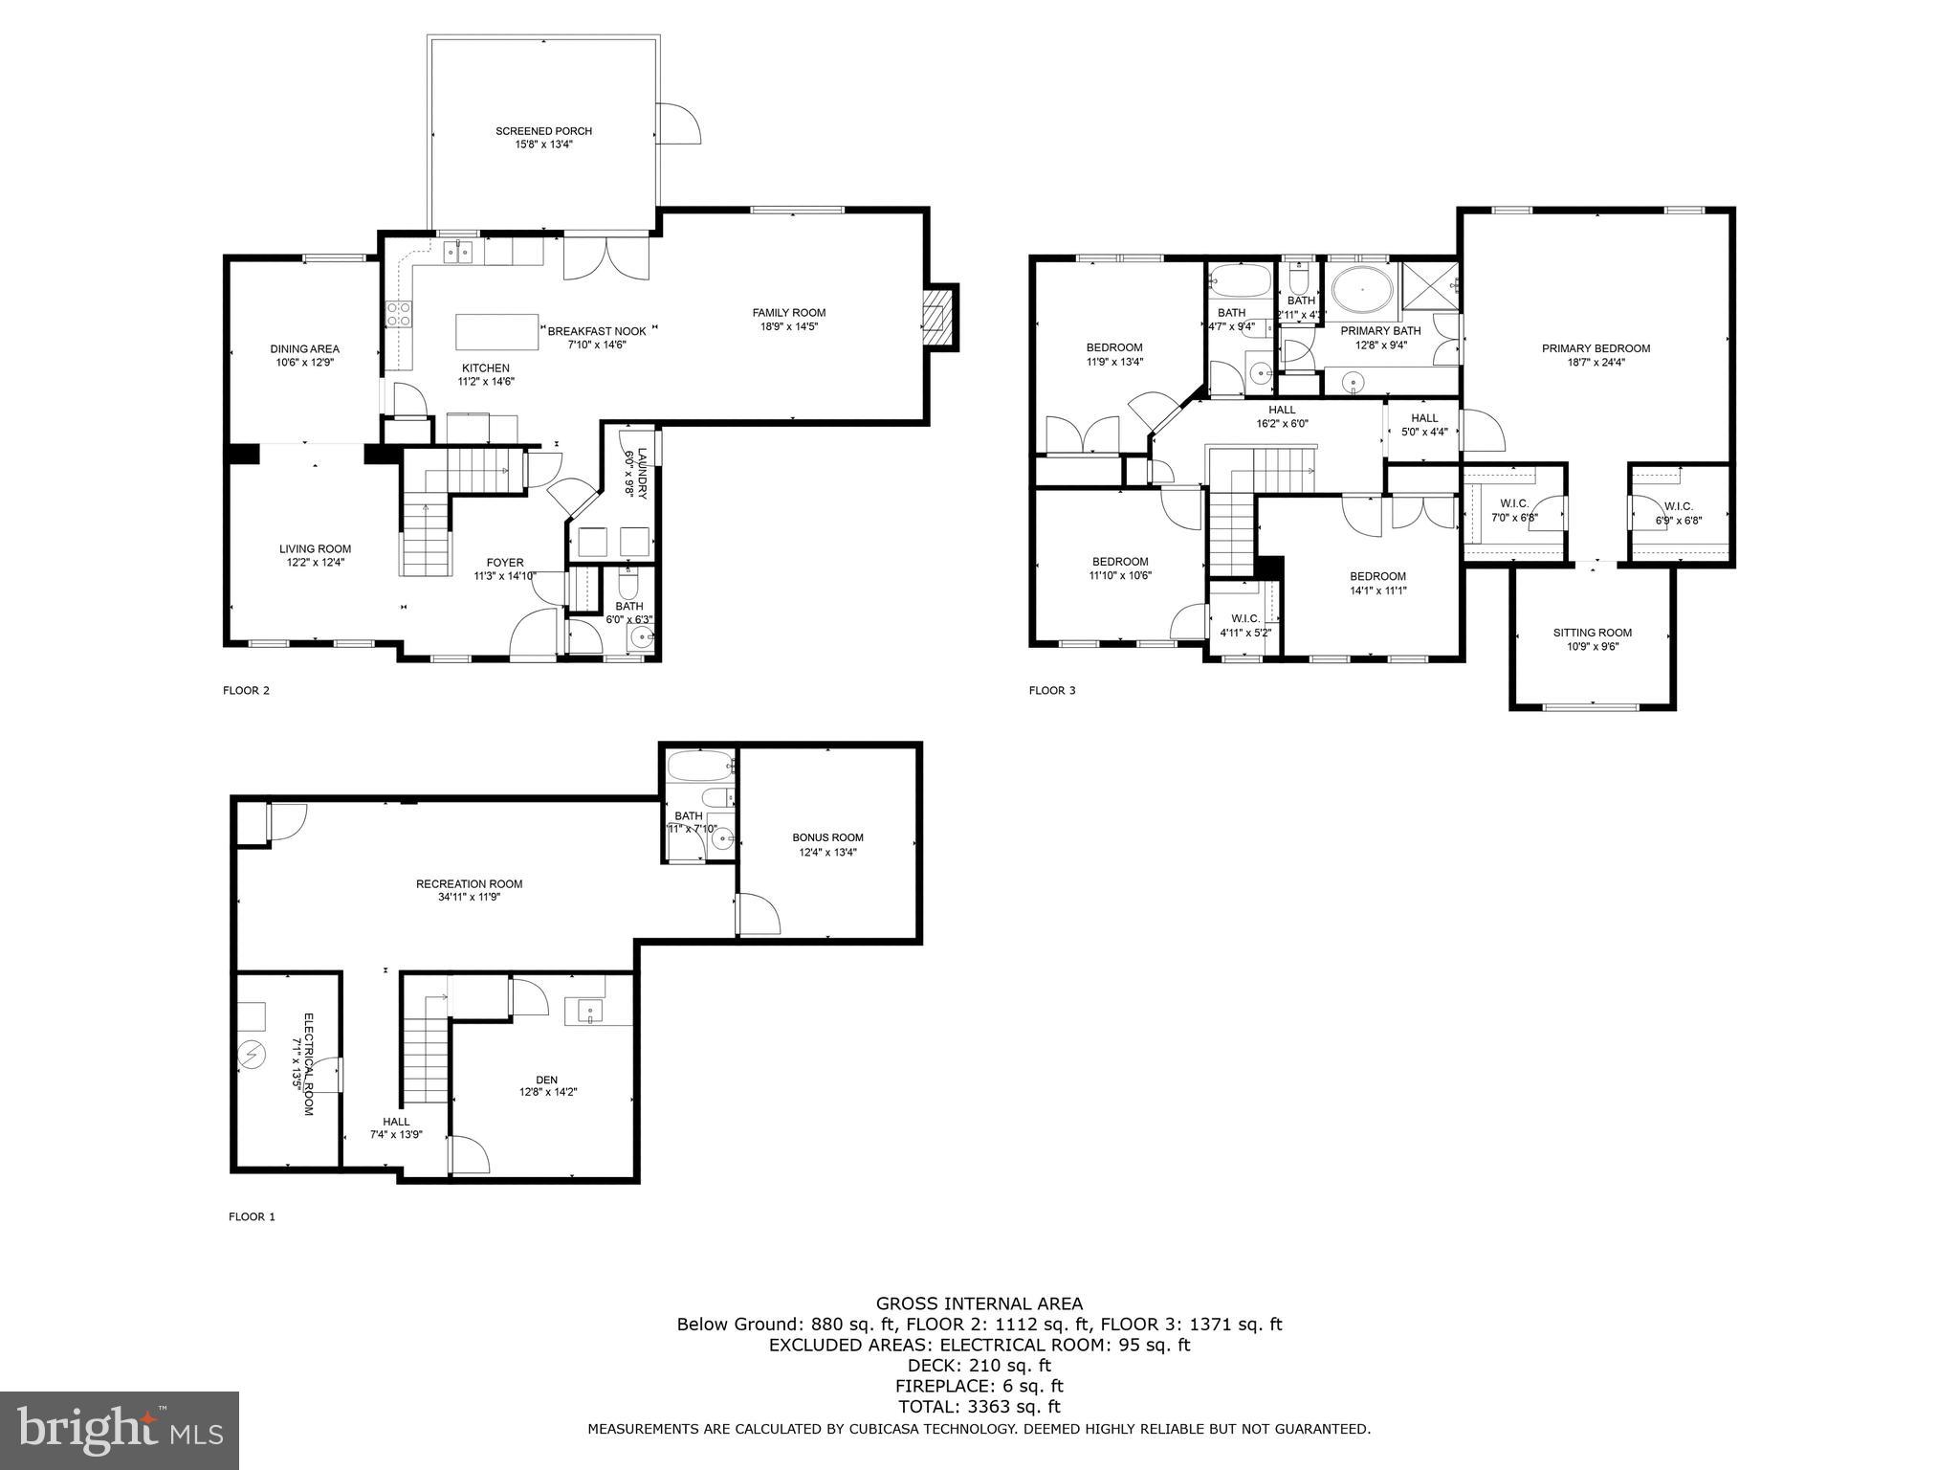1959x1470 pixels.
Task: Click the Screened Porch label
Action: tap(543, 131)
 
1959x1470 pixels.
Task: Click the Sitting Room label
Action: tap(1592, 633)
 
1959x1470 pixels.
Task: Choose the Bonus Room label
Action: tap(827, 837)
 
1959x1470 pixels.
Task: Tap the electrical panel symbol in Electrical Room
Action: tap(253, 1055)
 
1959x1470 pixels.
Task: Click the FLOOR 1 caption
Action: tap(252, 1217)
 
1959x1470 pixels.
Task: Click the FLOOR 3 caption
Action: tap(1052, 690)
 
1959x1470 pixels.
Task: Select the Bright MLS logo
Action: tap(120, 1431)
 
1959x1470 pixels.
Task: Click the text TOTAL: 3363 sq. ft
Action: tap(979, 1407)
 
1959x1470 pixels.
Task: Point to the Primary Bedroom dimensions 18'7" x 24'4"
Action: tap(1596, 363)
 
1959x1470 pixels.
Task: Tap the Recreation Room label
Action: tap(469, 884)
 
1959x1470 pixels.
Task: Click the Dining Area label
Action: tap(304, 349)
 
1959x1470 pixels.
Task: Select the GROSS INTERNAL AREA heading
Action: tap(979, 1303)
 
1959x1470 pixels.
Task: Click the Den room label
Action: tap(546, 1080)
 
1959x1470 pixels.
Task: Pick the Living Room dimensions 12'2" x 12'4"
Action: tap(315, 563)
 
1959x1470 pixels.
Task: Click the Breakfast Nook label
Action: tap(597, 331)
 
